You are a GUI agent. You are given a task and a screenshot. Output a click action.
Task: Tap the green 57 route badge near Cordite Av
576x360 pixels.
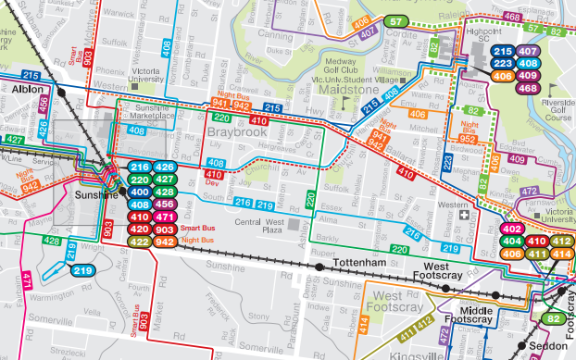pos(396,21)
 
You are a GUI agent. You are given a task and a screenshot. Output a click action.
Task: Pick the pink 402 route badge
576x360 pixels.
pos(512,229)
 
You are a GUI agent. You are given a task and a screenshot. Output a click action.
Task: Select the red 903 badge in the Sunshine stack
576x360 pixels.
pos(165,230)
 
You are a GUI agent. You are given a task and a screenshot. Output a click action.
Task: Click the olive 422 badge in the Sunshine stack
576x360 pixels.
pos(139,242)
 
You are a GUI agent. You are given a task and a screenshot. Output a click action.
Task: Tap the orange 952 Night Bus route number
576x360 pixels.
pos(468,140)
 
